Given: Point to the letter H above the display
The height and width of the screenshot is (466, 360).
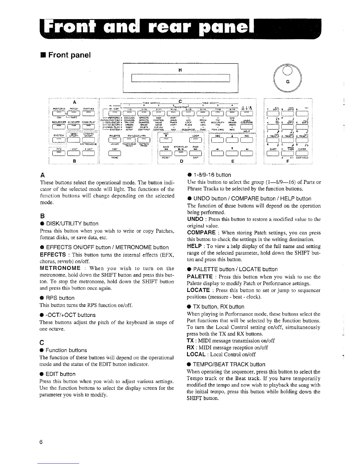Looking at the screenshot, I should pos(180,70).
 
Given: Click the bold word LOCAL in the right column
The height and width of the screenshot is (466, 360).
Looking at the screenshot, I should pos(196,354).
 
